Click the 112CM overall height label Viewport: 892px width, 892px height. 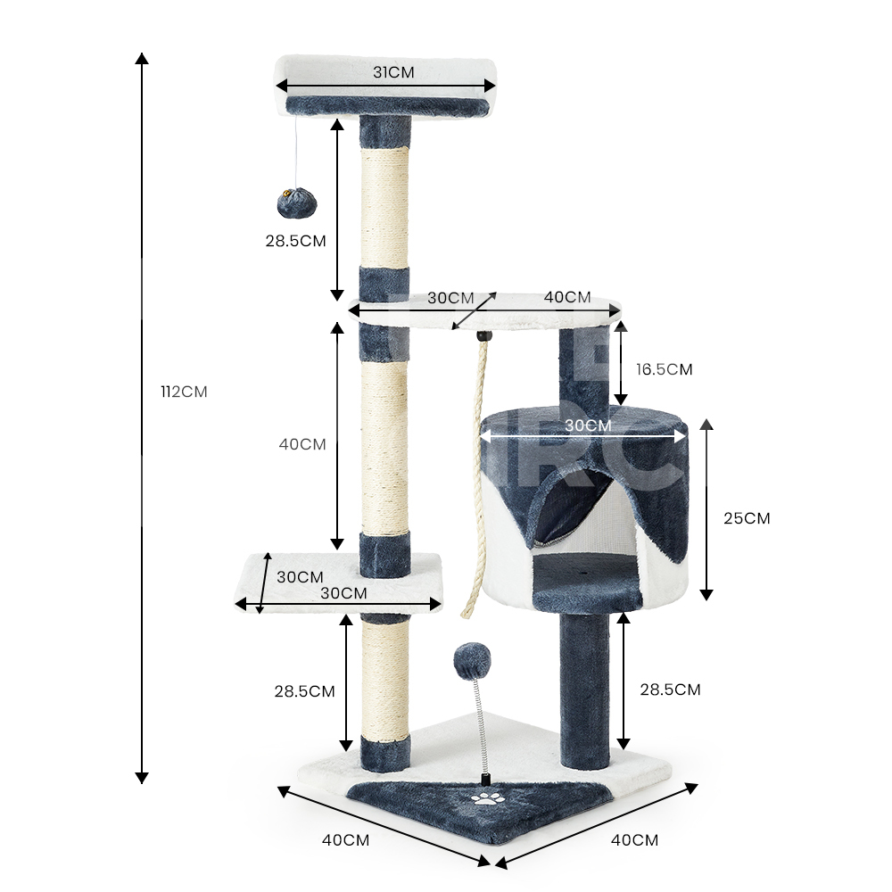[x=184, y=392]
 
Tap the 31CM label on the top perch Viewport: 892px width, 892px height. [x=393, y=73]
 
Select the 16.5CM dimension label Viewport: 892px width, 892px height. [x=664, y=370]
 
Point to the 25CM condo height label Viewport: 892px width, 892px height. [x=747, y=518]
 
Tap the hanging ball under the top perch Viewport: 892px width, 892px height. [x=296, y=203]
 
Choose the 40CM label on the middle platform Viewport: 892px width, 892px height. [x=567, y=297]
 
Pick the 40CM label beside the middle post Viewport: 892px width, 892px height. [x=302, y=444]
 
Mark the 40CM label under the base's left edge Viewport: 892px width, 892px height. [x=345, y=839]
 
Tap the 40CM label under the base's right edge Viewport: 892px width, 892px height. [x=634, y=839]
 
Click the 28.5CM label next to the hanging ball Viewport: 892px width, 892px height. [x=296, y=241]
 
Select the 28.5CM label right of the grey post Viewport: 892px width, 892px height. [x=670, y=690]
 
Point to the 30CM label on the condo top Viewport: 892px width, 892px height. [x=588, y=425]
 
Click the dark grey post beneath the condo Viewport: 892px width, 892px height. [x=585, y=689]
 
